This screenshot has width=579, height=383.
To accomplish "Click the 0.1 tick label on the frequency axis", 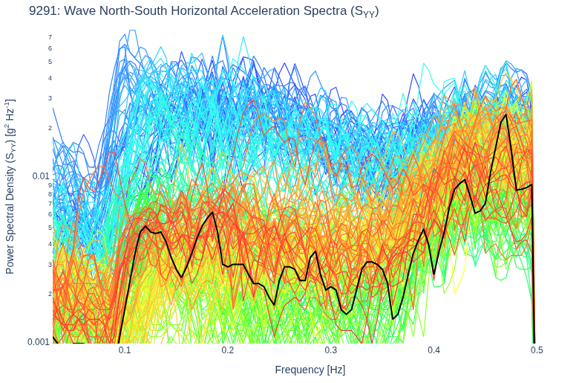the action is tap(125, 350).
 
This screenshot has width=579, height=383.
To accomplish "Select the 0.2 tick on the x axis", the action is tap(228, 350).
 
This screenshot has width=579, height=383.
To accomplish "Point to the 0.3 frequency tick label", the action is tap(331, 350).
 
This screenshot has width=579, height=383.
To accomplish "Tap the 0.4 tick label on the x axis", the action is tap(434, 350).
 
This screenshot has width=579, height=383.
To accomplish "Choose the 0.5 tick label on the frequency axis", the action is tap(537, 350).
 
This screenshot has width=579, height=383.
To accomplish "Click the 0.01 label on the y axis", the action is tap(41, 176).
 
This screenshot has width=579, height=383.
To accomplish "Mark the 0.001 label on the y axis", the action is tap(39, 341).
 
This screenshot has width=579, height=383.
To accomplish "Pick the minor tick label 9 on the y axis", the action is tap(50, 185).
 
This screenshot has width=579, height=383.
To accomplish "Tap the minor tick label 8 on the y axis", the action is tap(50, 194).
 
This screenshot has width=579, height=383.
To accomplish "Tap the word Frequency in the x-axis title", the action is tap(299, 370).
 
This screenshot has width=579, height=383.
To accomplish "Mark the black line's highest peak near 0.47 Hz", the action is tap(506, 115).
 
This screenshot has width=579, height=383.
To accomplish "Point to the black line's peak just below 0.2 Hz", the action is tap(213, 212).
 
